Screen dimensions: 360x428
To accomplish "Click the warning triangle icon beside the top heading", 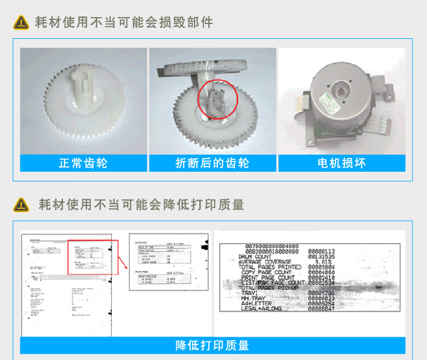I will pos(21,22).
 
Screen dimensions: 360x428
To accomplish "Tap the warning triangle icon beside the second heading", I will pos(21,204).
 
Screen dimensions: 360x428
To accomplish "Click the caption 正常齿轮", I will pos(83,163).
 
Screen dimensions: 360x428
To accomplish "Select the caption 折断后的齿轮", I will pos(212,163).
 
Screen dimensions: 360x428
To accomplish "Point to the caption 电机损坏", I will pos(341,163).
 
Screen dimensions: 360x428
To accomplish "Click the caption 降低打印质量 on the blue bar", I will pos(212,345).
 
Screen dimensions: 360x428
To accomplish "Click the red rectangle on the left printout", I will pos(92,257).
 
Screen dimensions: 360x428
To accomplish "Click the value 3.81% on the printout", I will pos(323,262).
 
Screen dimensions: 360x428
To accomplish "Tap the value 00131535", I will pos(322,257).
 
